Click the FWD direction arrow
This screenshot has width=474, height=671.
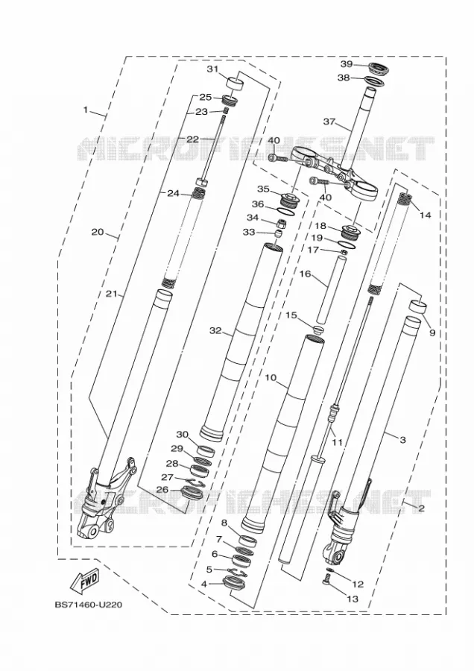(84, 581)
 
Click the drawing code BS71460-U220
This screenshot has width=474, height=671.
(89, 605)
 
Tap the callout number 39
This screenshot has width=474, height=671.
(347, 64)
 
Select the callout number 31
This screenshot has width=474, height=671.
(212, 69)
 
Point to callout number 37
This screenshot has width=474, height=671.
(329, 122)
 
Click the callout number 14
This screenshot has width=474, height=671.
(426, 215)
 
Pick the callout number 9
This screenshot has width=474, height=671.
(432, 332)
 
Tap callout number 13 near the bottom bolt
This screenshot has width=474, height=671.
(353, 599)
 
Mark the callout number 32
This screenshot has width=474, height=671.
(215, 330)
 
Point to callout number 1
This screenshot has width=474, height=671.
(86, 110)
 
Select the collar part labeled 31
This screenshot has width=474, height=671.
(234, 83)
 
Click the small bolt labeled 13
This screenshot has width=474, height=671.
(326, 580)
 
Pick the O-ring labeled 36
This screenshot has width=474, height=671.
(285, 210)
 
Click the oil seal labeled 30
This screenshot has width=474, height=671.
(206, 450)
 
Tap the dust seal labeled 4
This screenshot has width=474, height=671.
(233, 583)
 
